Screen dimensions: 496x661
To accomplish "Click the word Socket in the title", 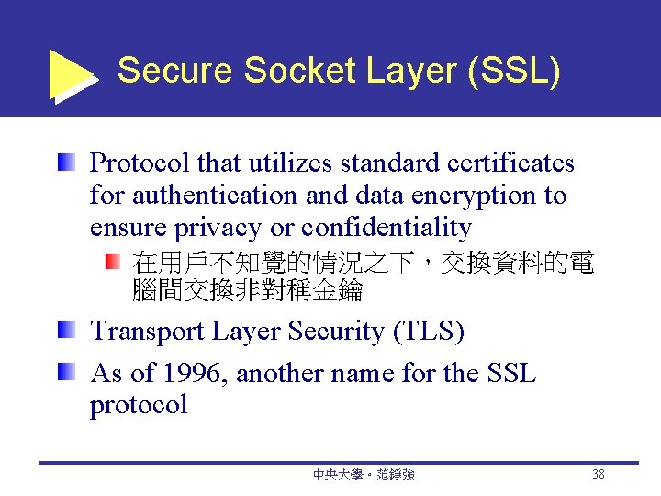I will [290, 71].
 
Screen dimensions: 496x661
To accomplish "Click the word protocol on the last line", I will [138, 406].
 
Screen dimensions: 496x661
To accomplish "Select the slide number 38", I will [599, 475].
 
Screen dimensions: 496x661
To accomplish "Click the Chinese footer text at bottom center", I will [364, 475].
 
